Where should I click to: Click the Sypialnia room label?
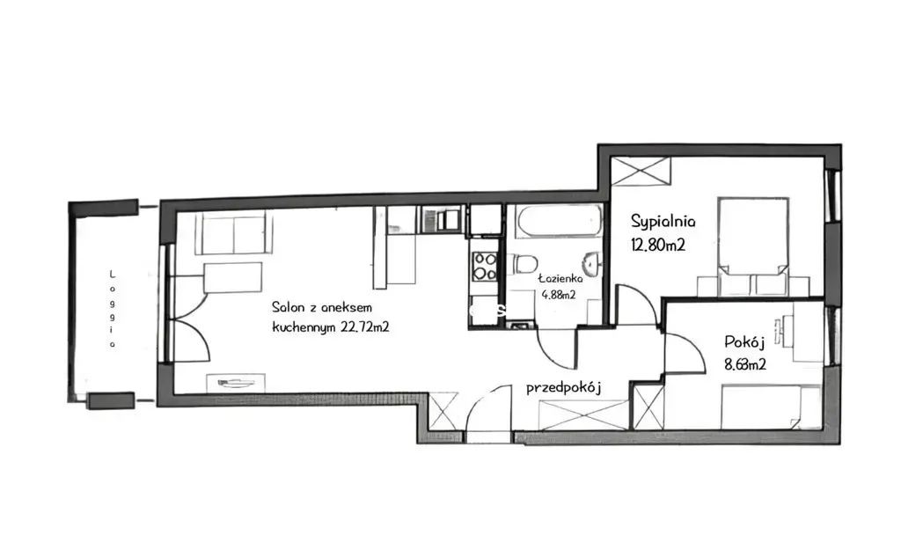663,221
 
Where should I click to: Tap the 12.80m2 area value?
658,246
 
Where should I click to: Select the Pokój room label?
744,342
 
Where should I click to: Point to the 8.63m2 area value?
744,364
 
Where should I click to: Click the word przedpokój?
564,388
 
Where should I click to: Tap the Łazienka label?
560,279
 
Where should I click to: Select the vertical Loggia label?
113,309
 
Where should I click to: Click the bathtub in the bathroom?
559,221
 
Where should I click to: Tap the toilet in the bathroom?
525,264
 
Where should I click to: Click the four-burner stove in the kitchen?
484,268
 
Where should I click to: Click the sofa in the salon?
234,232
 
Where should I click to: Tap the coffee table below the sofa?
232,278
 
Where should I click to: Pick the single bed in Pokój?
771,407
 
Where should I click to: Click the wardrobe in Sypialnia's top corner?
641,171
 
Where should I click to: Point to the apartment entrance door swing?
487,409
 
